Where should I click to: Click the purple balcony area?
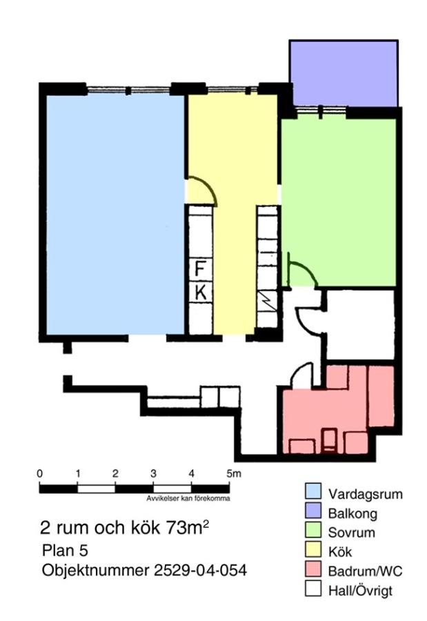(344, 74)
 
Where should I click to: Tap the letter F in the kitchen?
(200, 269)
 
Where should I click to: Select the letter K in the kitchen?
(201, 293)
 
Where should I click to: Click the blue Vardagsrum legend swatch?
(313, 491)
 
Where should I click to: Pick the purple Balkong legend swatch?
(313, 510)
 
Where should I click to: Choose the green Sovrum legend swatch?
(313, 529)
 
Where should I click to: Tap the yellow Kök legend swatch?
(313, 549)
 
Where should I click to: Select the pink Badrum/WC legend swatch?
(313, 569)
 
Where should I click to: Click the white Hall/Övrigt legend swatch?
(313, 588)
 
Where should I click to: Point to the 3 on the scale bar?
(153, 473)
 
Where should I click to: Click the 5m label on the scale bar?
(233, 473)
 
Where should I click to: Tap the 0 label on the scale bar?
(39, 473)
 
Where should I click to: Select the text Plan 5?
(65, 551)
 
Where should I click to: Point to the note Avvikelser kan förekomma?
(188, 499)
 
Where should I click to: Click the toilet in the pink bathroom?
(329, 440)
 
